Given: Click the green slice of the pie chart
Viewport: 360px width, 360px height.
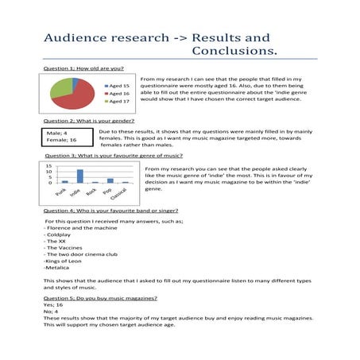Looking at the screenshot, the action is point(60,89).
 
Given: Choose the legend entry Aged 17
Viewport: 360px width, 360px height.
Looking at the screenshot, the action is point(115,102).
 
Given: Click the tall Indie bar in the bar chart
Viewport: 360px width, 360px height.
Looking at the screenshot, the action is point(79,176).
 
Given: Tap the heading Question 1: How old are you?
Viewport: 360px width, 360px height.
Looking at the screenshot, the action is point(83,69).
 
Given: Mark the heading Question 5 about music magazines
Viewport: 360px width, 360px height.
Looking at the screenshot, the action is point(100,297).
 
